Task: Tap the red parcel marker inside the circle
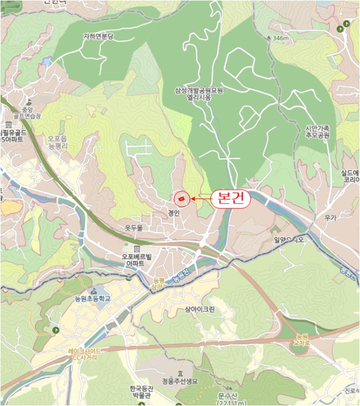182,199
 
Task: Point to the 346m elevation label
280,38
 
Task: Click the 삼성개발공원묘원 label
199,91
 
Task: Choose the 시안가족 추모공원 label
317,131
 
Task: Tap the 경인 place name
174,213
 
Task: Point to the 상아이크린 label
199,310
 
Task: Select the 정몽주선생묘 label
180,381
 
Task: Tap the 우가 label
331,219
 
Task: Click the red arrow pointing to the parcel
201,199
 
